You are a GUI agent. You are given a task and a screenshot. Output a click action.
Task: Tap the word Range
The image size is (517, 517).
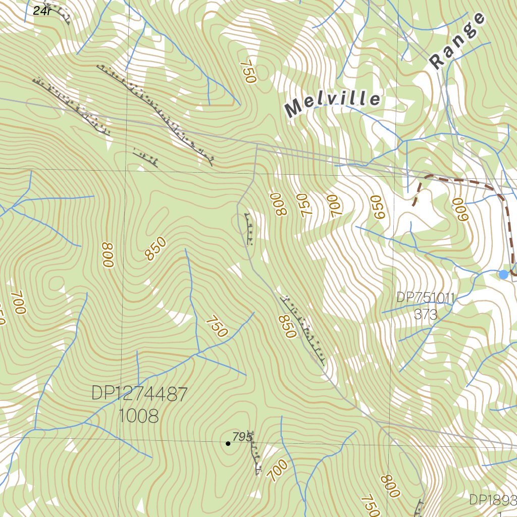(x=457, y=41)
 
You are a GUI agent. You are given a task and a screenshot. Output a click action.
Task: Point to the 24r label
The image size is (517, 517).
(x=42, y=10)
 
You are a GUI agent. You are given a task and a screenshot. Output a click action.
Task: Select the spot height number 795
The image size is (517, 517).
(x=242, y=437)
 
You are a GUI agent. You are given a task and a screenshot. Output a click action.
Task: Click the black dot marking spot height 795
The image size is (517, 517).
(x=228, y=444)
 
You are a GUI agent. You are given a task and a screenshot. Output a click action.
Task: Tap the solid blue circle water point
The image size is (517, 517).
(x=503, y=274)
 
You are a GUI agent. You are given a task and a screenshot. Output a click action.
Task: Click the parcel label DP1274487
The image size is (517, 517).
(x=139, y=393)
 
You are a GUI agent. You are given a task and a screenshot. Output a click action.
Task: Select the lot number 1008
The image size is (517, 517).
(x=138, y=416)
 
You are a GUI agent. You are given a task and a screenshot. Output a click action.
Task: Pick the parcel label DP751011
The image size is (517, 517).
(x=425, y=297)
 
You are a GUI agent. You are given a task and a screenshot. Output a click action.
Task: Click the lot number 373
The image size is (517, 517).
(x=426, y=314)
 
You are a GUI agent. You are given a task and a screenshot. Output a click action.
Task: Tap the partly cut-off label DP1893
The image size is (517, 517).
(x=493, y=500)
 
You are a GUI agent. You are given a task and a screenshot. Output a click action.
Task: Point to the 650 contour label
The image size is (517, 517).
(x=379, y=207)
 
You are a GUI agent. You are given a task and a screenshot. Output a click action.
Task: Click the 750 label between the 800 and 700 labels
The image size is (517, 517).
(x=304, y=205)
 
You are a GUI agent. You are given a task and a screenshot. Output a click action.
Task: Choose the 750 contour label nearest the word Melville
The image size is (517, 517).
(x=248, y=71)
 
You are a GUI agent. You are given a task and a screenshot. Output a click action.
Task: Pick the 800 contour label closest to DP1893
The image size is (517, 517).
(x=390, y=486)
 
